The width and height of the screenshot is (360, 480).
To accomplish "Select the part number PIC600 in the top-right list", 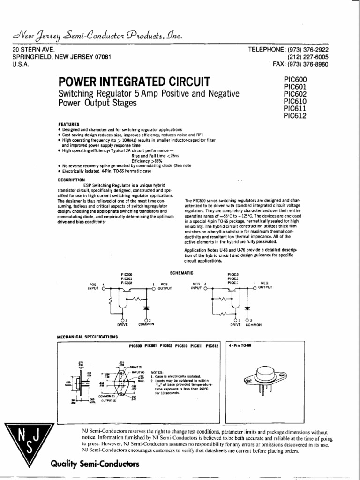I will click(295, 80).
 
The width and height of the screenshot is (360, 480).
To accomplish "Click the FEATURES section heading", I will click(68, 124).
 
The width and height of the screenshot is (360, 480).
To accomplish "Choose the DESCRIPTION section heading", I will click(71, 180).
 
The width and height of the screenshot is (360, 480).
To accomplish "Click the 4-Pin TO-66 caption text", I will click(241, 346).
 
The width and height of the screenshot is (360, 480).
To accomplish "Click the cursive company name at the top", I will click(98, 37).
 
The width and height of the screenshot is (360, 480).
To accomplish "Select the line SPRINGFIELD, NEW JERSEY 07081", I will click(61, 57).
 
